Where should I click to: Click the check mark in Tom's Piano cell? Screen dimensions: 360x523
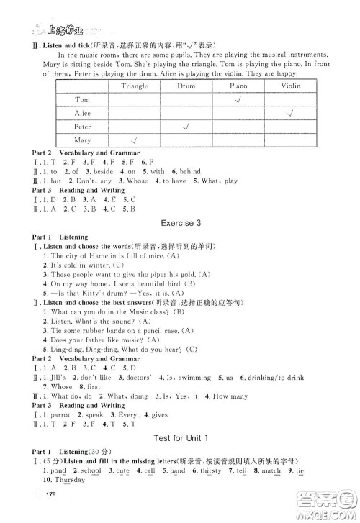(x=238, y=100)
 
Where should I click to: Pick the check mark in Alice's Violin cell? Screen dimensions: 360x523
(x=290, y=114)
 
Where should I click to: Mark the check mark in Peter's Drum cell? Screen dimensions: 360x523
(x=186, y=127)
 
